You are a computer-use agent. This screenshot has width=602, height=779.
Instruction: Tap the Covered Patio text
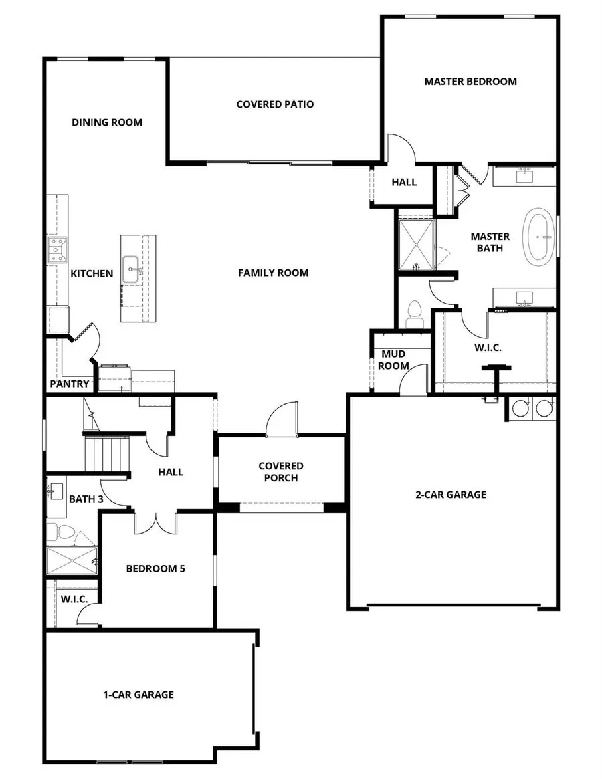tap(275, 104)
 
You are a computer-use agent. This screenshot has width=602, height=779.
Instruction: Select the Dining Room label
tap(107, 122)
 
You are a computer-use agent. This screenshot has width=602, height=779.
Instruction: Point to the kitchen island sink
tap(130, 269)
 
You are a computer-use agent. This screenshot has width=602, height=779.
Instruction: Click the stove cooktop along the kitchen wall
tap(56, 250)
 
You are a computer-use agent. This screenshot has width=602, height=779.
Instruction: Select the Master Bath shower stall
tap(416, 245)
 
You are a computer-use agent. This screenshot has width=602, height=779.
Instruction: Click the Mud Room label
tap(395, 360)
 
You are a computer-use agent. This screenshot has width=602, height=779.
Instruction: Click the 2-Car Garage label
tap(451, 495)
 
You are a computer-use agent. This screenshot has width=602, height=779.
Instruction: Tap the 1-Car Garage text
tap(138, 695)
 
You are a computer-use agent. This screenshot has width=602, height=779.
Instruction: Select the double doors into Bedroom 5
tap(156, 522)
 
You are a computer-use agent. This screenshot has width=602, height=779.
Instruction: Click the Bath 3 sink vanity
tap(56, 493)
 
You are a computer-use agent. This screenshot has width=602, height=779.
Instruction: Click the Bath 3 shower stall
tap(72, 560)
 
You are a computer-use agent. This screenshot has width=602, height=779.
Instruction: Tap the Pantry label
tap(70, 384)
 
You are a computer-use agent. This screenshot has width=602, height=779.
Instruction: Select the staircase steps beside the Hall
tap(107, 453)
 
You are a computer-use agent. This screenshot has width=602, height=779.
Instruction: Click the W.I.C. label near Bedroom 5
tap(74, 599)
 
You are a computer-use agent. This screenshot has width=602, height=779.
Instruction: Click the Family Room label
tap(273, 273)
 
